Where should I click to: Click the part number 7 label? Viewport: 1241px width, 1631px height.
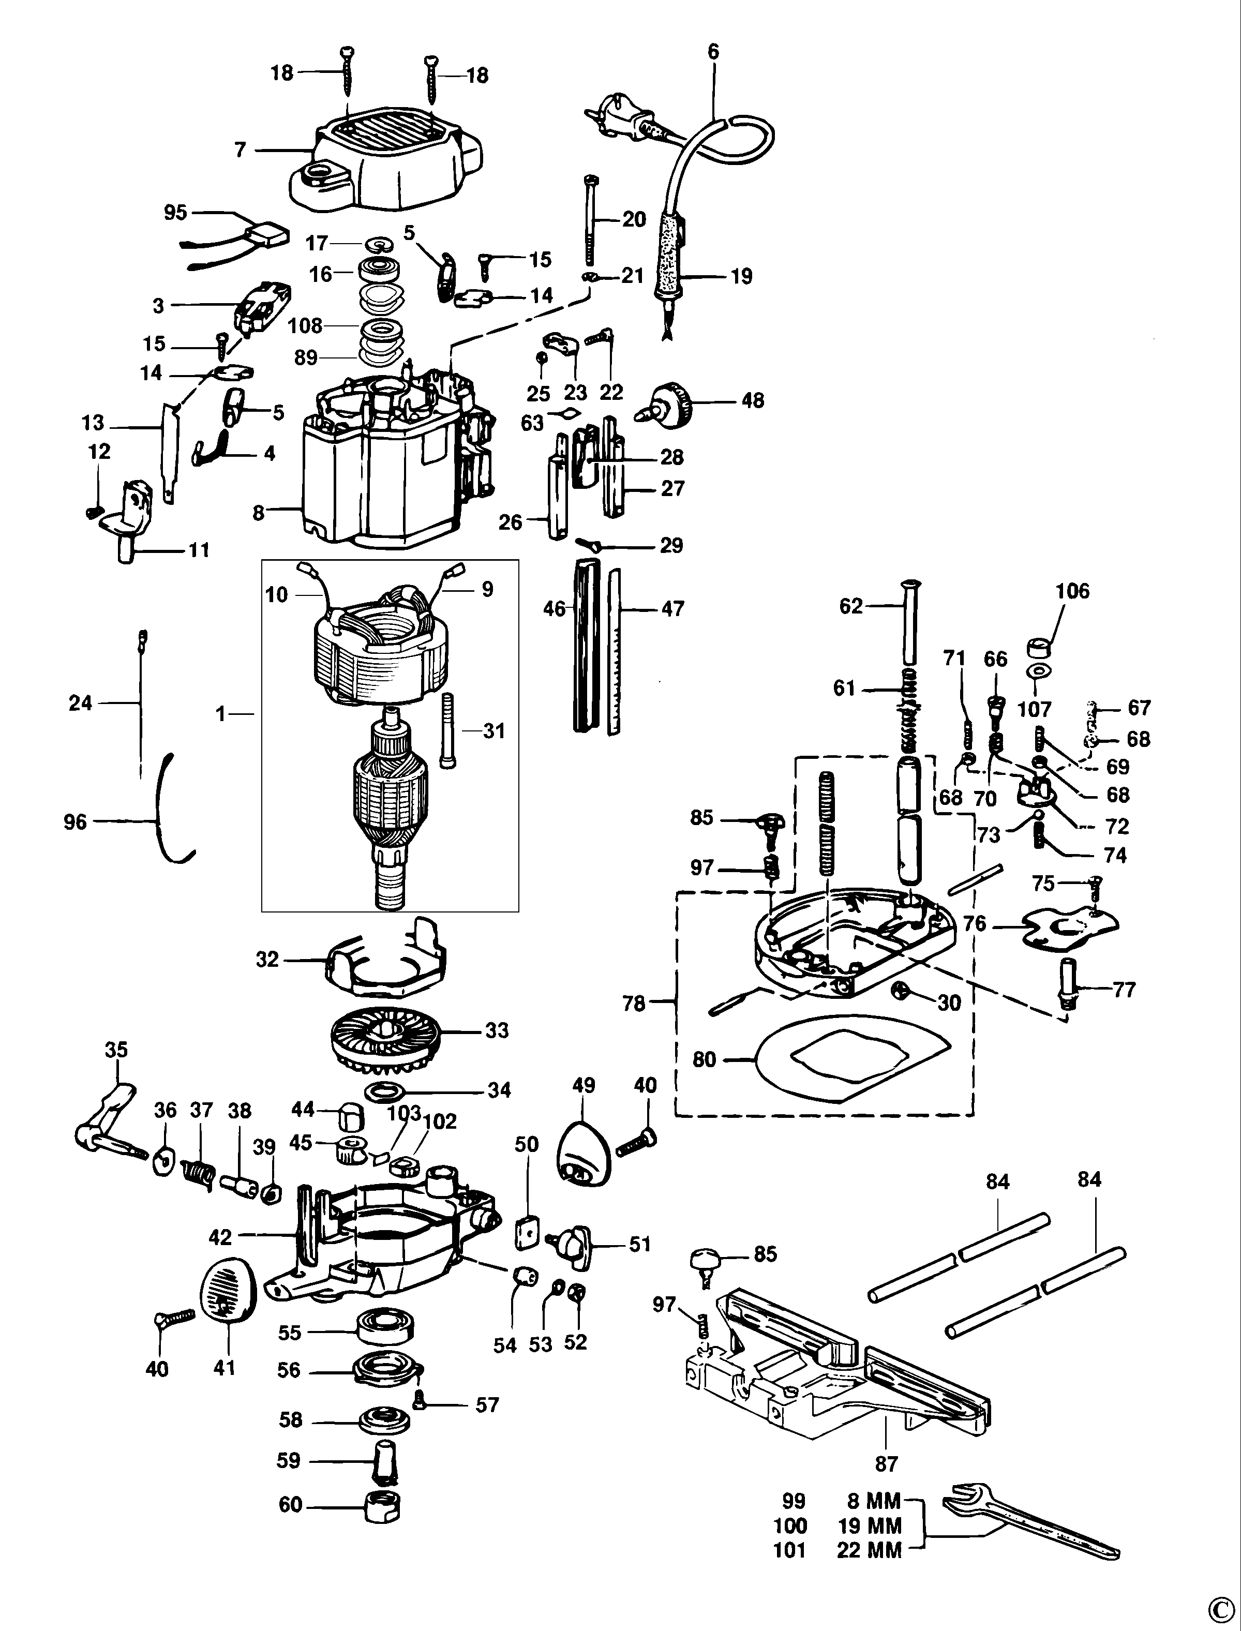pos(240,150)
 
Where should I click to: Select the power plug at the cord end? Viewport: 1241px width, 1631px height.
pos(619,118)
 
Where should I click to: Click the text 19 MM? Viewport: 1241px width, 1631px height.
pos(870,1525)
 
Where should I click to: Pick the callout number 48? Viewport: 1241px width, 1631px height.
pos(752,400)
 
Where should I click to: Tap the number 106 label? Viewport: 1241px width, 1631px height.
pos(1072,591)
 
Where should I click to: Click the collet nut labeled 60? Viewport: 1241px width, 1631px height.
pos(383,1505)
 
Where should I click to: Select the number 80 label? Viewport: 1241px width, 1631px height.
pos(704,1059)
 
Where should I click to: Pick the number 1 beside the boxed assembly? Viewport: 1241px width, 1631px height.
pos(220,714)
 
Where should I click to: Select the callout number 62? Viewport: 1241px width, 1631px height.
pos(851,606)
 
